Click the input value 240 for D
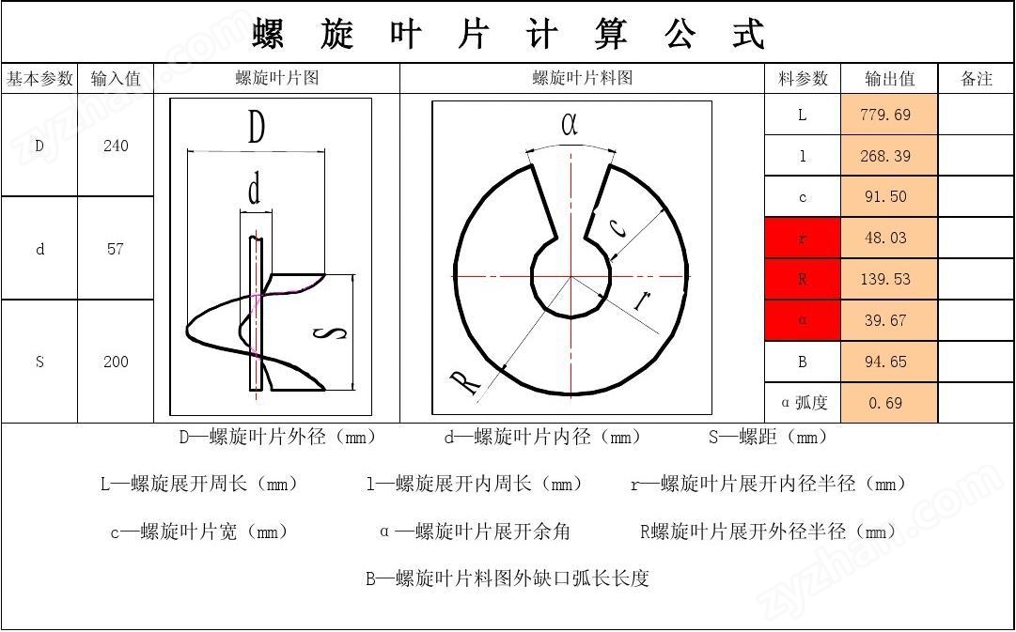pos(116,146)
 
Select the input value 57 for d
pos(116,249)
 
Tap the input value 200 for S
pos(116,362)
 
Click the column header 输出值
pos(889,79)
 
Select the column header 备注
pos(977,79)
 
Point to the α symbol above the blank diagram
pos(570,124)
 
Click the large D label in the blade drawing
pos(256,127)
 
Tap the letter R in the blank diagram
pos(465,383)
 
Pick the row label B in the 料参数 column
pos(802,362)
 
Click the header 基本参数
pos(39,79)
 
